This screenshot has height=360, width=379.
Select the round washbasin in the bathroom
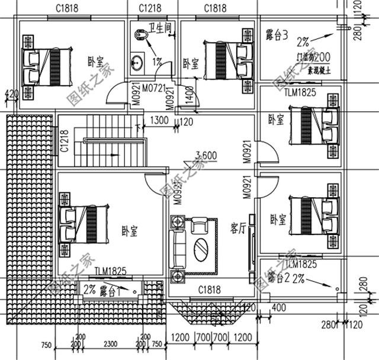[138, 60]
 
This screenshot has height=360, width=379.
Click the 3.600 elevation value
[204, 156]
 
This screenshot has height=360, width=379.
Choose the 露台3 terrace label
[277, 35]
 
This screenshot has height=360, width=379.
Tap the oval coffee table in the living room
[199, 247]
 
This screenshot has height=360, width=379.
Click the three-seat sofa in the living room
[177, 248]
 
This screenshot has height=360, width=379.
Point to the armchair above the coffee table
[199, 226]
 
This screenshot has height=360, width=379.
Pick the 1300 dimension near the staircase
[159, 121]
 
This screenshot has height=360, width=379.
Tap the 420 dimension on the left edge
[11, 93]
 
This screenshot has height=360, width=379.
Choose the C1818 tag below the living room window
[209, 290]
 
